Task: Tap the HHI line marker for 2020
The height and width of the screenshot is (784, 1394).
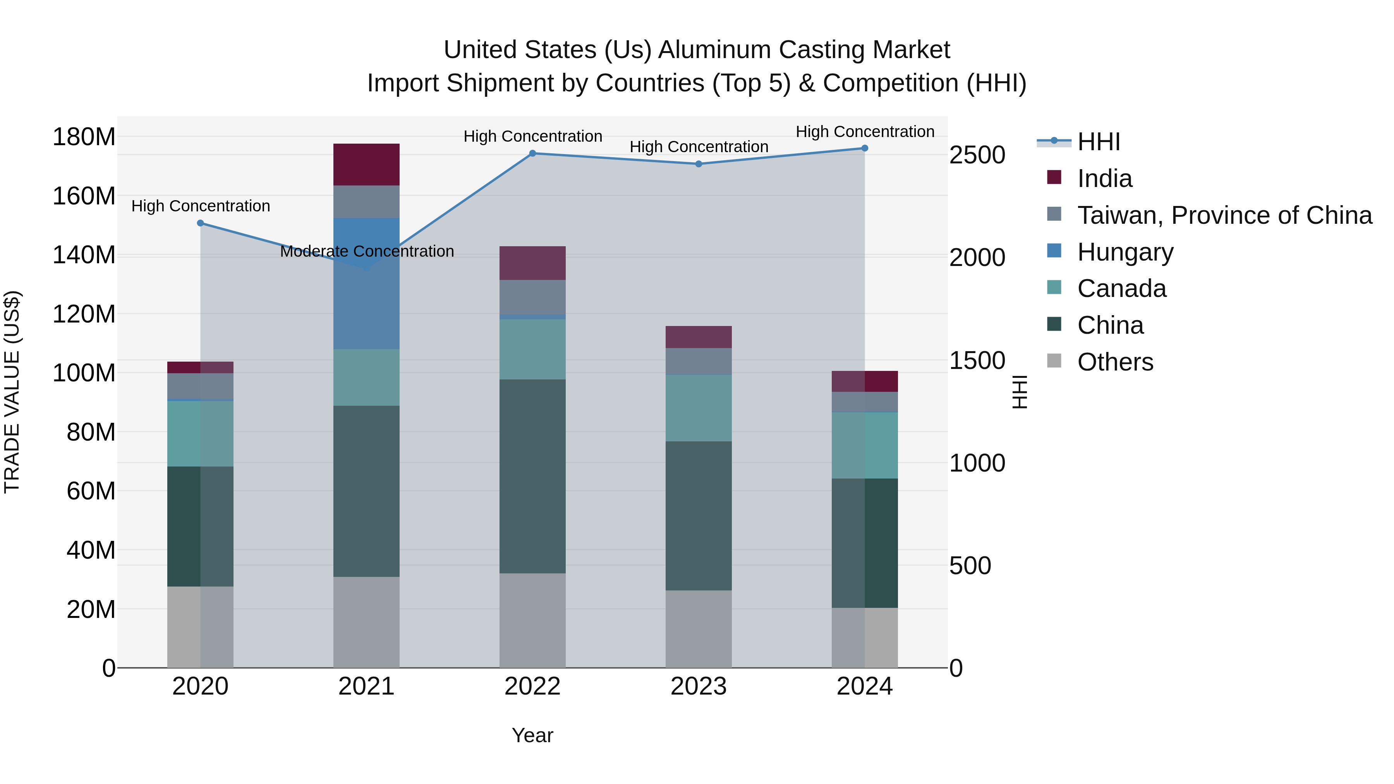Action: (x=200, y=223)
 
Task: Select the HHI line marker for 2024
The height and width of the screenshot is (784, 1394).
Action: (x=865, y=148)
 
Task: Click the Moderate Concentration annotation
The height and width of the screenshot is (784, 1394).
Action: (x=367, y=252)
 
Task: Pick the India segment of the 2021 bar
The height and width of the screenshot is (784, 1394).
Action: (x=366, y=165)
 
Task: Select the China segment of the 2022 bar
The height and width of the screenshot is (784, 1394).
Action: (x=532, y=476)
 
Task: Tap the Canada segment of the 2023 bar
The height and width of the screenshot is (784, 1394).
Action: (x=699, y=408)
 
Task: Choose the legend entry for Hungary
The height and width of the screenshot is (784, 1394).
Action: (x=1124, y=252)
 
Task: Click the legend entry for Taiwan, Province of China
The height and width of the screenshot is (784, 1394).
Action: (x=1224, y=215)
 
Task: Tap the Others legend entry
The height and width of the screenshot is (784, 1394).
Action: (x=1115, y=362)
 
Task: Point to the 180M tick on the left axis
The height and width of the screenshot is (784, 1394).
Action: (x=84, y=137)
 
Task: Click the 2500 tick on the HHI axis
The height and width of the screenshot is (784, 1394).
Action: (x=977, y=155)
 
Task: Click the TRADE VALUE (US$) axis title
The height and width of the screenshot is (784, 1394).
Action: (x=12, y=392)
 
